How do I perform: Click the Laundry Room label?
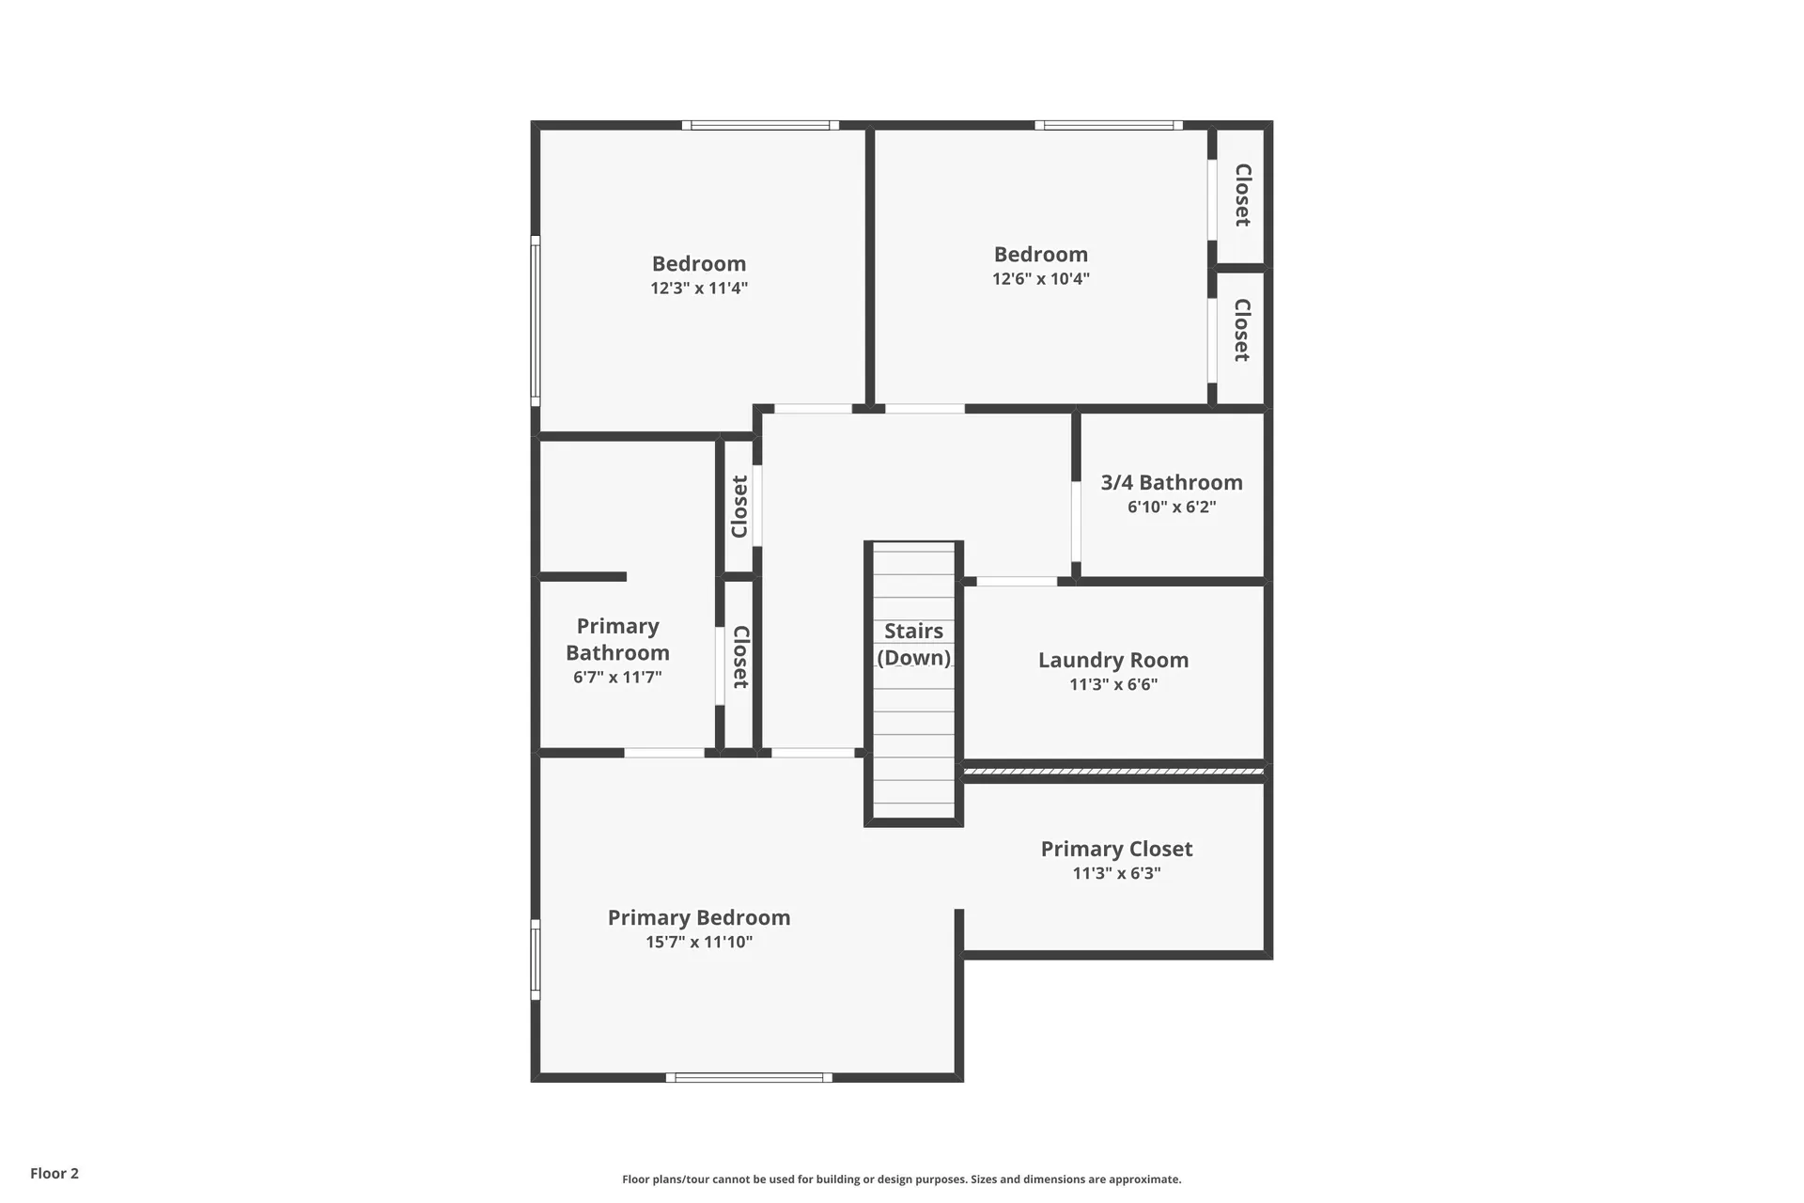point(1112,660)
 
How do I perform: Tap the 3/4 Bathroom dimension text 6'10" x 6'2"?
point(1172,508)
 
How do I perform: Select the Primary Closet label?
point(1116,849)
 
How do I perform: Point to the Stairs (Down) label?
point(913,644)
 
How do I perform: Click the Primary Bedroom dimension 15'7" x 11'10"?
point(699,942)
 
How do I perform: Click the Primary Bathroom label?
point(617,639)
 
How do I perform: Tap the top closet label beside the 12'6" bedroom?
point(1242,195)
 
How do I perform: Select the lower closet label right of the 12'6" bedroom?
point(1242,330)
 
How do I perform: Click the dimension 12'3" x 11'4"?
point(699,289)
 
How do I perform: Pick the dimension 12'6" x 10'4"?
point(1041,279)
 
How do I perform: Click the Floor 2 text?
point(54,1173)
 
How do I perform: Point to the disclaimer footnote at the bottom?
point(901,1180)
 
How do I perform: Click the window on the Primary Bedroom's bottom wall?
point(749,1077)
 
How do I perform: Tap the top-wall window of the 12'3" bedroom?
point(760,125)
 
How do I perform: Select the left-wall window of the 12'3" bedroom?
point(536,320)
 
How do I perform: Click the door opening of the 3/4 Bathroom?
point(1076,522)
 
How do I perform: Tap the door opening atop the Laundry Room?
point(1017,582)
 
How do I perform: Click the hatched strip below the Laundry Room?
point(1113,772)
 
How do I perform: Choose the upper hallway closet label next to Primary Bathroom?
point(739,507)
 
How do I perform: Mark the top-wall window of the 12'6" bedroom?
point(1109,125)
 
